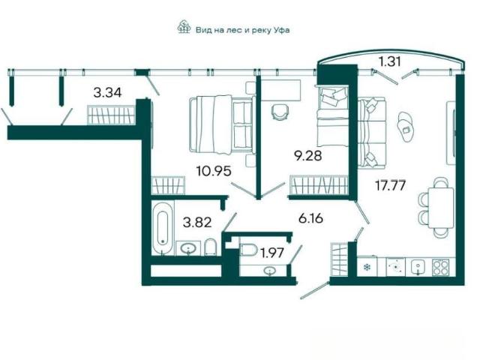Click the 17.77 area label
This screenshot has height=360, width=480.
(391, 185)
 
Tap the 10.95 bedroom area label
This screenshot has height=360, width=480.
(214, 171)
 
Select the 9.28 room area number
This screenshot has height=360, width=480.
(308, 155)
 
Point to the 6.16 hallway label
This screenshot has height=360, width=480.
(310, 218)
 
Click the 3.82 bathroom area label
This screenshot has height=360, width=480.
(197, 222)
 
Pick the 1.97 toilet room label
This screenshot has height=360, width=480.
(271, 253)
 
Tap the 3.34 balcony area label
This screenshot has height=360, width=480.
(107, 92)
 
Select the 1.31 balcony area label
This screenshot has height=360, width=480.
(390, 61)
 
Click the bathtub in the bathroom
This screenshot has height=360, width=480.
(162, 228)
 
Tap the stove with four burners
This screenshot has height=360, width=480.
(440, 267)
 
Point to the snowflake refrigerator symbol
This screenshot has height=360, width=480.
(367, 268)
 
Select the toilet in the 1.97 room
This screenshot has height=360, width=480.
(248, 249)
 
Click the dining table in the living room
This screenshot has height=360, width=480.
(440, 208)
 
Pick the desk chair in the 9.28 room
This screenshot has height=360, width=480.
(280, 112)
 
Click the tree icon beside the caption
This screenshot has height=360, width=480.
(184, 27)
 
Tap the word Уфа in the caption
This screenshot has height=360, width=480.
(281, 30)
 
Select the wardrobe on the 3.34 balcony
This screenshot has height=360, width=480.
(111, 115)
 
